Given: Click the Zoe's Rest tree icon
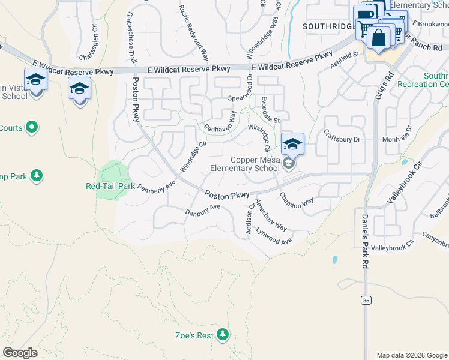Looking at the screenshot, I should (223, 334).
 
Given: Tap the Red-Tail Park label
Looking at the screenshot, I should (110, 186).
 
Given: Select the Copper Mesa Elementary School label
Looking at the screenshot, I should (245, 164).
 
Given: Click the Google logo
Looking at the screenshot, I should (20, 353).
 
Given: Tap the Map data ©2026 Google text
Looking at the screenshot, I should (411, 355).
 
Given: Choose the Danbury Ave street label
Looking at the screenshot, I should (203, 211).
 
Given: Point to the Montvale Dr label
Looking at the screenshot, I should (397, 134).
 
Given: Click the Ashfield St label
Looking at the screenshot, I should (343, 55).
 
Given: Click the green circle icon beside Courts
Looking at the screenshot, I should (32, 127).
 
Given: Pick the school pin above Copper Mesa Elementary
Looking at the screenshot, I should (292, 144).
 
